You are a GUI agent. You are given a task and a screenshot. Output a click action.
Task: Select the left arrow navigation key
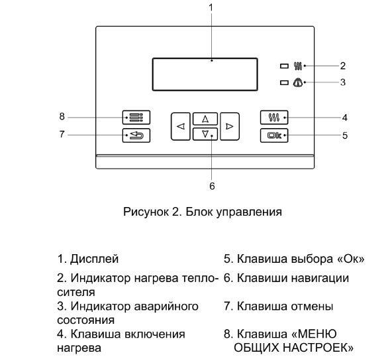coord(181,125)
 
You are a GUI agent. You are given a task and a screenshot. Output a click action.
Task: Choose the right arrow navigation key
coord(229,125)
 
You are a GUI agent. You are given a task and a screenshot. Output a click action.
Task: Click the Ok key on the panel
coord(273,135)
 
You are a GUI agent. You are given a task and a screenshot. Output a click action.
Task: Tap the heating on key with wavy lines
coord(273,117)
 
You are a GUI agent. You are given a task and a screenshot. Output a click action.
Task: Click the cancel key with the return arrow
coord(136,135)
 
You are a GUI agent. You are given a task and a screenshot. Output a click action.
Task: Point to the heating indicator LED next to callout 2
coord(285,66)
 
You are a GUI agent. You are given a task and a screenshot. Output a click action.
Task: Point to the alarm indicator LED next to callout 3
coord(285,82)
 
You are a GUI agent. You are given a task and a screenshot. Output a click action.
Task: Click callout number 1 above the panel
coord(211,7)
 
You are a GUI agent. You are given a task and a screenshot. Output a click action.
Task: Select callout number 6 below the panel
coord(212,186)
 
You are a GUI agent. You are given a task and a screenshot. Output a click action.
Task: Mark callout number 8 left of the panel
coord(62,117)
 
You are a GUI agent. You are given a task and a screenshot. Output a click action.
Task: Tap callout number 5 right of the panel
coord(344,135)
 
